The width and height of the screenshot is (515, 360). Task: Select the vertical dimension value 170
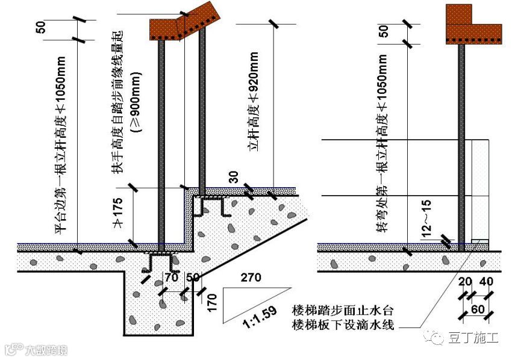(210, 300)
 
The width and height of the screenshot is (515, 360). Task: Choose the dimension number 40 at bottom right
(486, 282)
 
